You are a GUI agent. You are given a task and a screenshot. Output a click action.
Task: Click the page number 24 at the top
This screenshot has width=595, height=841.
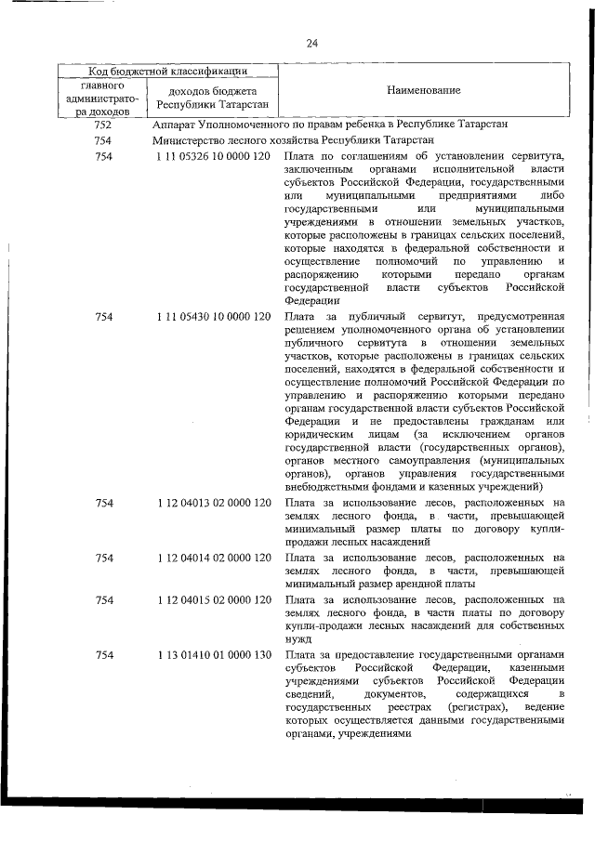point(311,44)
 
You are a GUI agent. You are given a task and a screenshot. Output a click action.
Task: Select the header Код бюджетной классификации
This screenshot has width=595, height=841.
point(167,70)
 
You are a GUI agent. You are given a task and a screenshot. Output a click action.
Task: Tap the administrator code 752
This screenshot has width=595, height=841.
point(103,125)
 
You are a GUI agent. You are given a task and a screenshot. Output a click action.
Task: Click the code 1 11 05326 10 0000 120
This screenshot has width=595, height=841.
point(214,158)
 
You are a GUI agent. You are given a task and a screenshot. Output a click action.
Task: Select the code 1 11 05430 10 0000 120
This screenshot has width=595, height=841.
point(214,318)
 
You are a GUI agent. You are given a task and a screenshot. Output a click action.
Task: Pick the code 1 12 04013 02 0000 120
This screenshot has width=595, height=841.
point(214,503)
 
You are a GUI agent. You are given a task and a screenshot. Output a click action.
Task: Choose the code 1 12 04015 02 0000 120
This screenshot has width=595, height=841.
point(214,599)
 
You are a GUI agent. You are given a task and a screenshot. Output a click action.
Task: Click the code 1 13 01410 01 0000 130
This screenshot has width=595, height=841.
point(214,656)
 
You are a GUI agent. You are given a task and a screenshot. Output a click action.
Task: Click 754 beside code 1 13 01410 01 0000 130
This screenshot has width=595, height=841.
point(103,656)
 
